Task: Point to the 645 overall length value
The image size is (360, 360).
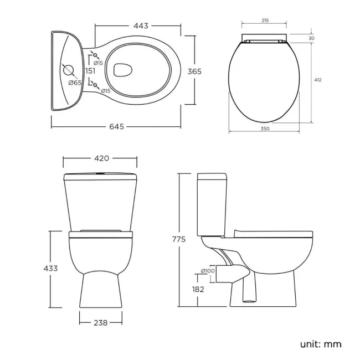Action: pyautogui.click(x=116, y=126)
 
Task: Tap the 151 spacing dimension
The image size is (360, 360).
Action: pyautogui.click(x=90, y=70)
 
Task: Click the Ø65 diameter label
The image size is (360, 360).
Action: pyautogui.click(x=75, y=83)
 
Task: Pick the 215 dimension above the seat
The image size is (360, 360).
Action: pyautogui.click(x=264, y=20)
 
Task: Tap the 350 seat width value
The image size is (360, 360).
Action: pyautogui.click(x=264, y=128)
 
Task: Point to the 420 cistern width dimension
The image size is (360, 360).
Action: pyautogui.click(x=101, y=158)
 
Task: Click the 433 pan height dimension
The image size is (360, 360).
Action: pyautogui.click(x=50, y=269)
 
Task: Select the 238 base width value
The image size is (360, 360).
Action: pyautogui.click(x=100, y=321)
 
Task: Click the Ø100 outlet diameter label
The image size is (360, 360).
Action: pyautogui.click(x=208, y=271)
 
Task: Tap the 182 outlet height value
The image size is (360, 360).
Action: pyautogui.click(x=198, y=289)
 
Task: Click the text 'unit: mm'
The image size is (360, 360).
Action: pyautogui.click(x=321, y=344)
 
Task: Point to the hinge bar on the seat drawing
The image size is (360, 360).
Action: pyautogui.click(x=264, y=40)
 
